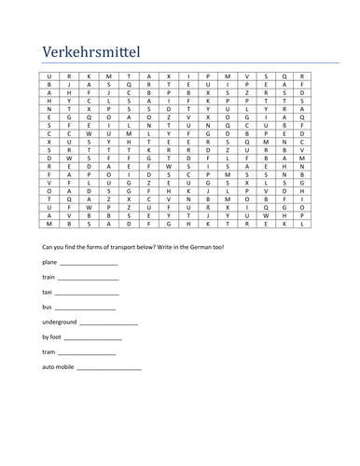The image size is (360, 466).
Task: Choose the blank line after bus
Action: coord(85,308)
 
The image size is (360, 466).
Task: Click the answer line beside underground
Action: coord(109,322)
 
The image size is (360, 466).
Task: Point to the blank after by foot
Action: coord(94,336)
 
